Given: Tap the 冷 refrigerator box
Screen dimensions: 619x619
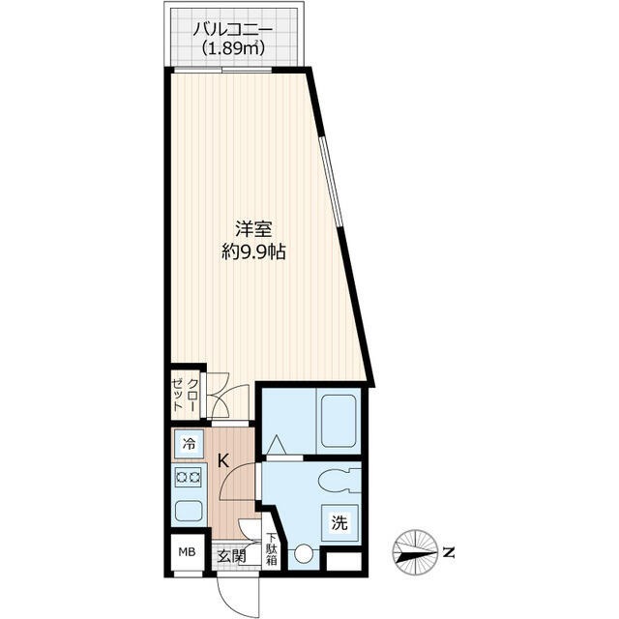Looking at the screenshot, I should (x=189, y=446).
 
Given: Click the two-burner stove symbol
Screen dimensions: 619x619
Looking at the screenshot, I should (x=188, y=477).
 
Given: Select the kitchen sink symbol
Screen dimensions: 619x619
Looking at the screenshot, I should (x=188, y=512).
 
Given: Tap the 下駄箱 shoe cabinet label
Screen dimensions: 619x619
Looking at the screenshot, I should (x=272, y=548).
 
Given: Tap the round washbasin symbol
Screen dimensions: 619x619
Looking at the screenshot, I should (x=305, y=555).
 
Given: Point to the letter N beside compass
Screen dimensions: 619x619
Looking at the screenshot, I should (x=448, y=553).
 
